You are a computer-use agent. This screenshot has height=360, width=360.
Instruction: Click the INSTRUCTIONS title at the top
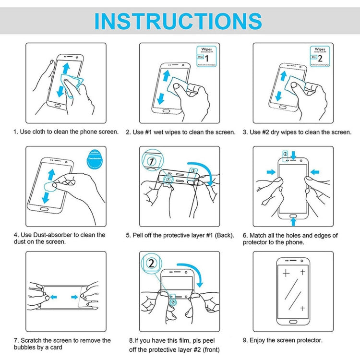pos(178,21)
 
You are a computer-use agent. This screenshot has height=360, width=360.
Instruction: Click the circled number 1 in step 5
pos(152,161)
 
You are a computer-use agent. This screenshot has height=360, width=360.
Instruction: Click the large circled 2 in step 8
pos(151,264)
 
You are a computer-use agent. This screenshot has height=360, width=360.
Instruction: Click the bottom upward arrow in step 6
pos(293,221)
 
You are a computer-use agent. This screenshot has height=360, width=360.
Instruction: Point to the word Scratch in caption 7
pos(32,340)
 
